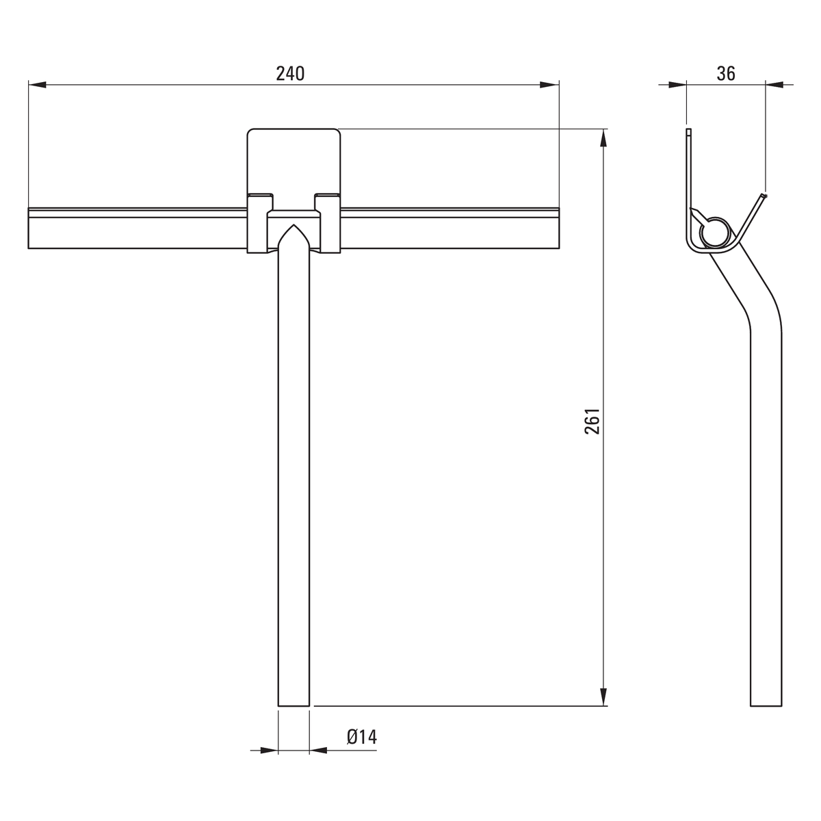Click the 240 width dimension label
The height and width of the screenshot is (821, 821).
(x=290, y=74)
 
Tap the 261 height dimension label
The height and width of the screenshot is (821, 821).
(x=592, y=421)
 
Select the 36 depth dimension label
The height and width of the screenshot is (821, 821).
(x=726, y=74)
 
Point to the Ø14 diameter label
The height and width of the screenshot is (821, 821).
(x=362, y=736)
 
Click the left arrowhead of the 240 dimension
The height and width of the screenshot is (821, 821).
(x=37, y=85)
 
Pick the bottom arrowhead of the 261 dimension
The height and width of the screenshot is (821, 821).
(x=603, y=697)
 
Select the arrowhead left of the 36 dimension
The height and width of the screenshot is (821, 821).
(x=678, y=85)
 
